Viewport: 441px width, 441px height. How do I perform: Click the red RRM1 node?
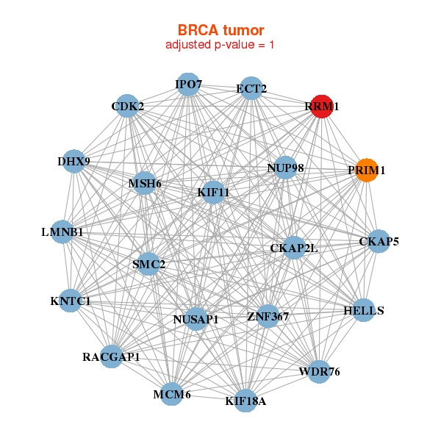[x=322, y=107]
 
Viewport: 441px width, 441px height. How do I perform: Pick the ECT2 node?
[x=251, y=89]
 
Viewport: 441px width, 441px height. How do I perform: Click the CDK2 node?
[x=128, y=106]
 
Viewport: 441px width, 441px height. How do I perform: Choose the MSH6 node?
[x=145, y=184]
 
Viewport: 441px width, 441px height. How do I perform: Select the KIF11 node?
[x=213, y=193]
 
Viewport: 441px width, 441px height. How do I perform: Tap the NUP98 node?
[x=285, y=168]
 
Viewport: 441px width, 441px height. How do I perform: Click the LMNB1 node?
[x=62, y=232]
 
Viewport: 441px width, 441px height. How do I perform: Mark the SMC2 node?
[x=148, y=264]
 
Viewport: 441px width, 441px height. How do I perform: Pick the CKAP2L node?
[x=294, y=248]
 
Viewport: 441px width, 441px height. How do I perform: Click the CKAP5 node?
[x=379, y=241]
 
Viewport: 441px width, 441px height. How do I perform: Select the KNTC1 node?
[x=70, y=301]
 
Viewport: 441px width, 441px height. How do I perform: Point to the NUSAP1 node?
[x=196, y=319]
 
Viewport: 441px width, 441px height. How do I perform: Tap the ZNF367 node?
[x=268, y=317]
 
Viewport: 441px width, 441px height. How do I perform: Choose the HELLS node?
[x=364, y=310]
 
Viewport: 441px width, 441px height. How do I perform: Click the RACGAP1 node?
[x=111, y=357]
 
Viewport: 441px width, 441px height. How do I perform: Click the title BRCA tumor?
[x=220, y=30]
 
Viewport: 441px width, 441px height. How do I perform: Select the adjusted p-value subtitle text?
[x=220, y=45]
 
